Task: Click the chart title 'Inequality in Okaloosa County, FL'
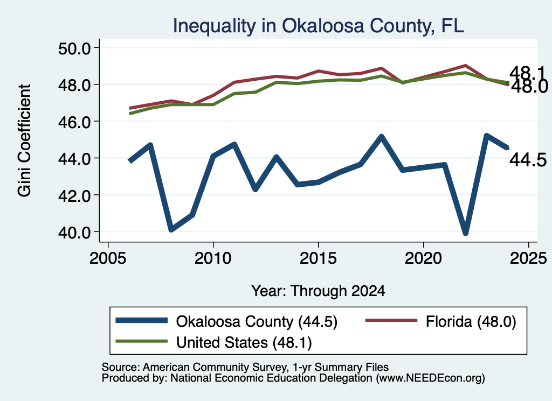coord(318,26)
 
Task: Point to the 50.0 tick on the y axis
coord(74,48)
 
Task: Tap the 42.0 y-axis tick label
coord(74,195)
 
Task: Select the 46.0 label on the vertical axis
coord(74,122)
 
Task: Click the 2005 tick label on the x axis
coord(108,258)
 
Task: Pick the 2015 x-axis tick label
coord(318,258)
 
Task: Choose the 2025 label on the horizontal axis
coord(528,258)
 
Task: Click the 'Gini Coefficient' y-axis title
coord(24,140)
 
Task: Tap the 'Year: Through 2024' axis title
coord(318,291)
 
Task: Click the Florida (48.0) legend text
coord(471,321)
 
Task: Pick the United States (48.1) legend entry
coord(244,343)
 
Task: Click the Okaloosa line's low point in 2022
coord(465,233)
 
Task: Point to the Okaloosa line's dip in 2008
coord(171,229)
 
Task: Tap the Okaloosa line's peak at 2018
coord(381,137)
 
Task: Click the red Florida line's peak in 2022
coord(465,66)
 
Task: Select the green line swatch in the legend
coord(142,341)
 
